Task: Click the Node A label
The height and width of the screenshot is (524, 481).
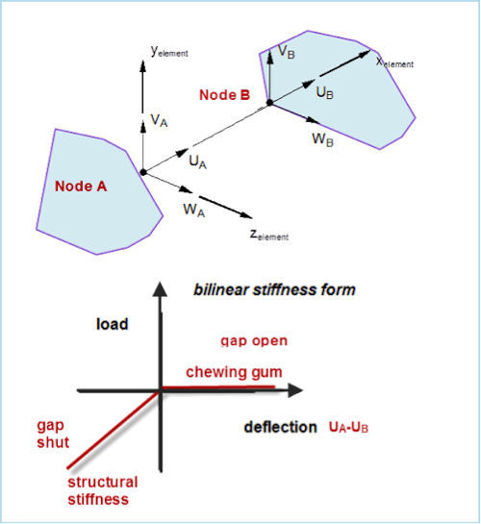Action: [81, 187]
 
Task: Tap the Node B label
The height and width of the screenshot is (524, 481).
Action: [224, 95]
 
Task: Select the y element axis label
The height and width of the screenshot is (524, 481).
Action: [169, 51]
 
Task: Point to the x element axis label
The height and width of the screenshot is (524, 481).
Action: [394, 62]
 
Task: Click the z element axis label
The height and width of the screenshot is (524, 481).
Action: [269, 235]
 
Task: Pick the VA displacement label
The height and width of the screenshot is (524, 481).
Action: [159, 120]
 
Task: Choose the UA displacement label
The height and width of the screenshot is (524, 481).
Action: [198, 162]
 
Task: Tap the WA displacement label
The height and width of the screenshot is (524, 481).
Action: [194, 211]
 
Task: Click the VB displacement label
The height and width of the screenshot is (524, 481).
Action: [287, 52]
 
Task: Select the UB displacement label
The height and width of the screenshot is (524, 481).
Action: [324, 92]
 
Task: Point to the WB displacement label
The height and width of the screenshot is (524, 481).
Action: [322, 139]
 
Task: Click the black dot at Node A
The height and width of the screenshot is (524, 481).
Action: [143, 172]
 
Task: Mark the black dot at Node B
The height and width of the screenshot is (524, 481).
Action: [269, 103]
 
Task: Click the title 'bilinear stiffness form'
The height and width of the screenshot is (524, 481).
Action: [274, 289]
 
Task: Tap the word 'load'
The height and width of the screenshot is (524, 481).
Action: [113, 324]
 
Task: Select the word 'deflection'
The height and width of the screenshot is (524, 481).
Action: [281, 428]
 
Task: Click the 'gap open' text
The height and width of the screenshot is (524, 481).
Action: [254, 341]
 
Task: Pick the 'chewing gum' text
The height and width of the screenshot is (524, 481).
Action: [234, 372]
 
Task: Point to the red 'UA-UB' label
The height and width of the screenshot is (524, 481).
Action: [348, 428]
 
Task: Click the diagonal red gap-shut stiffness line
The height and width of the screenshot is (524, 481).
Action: [114, 430]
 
